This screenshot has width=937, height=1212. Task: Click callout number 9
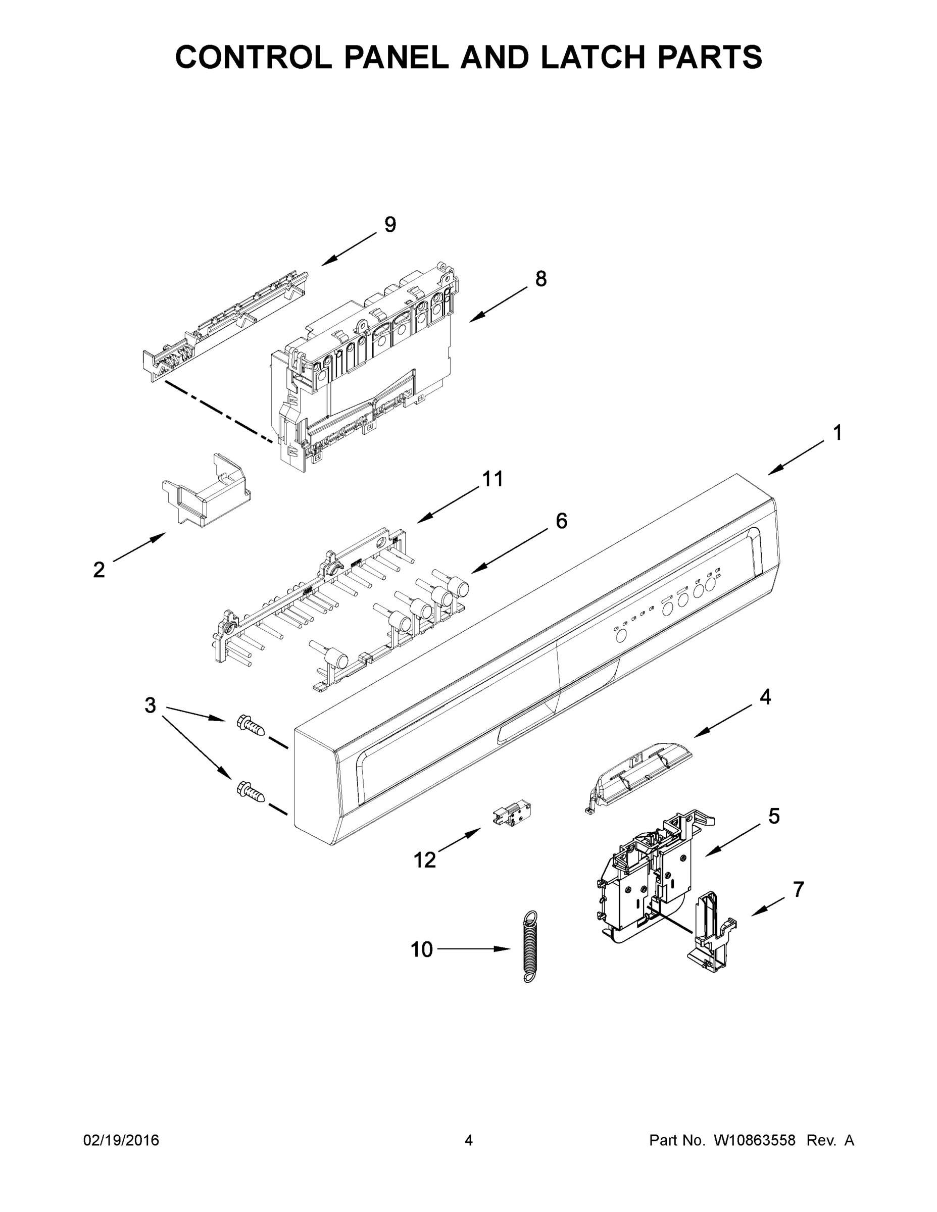[390, 225]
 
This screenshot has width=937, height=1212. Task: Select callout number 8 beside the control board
[540, 279]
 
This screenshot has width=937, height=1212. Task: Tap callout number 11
[492, 478]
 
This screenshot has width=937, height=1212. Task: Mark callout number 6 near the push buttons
[561, 521]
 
